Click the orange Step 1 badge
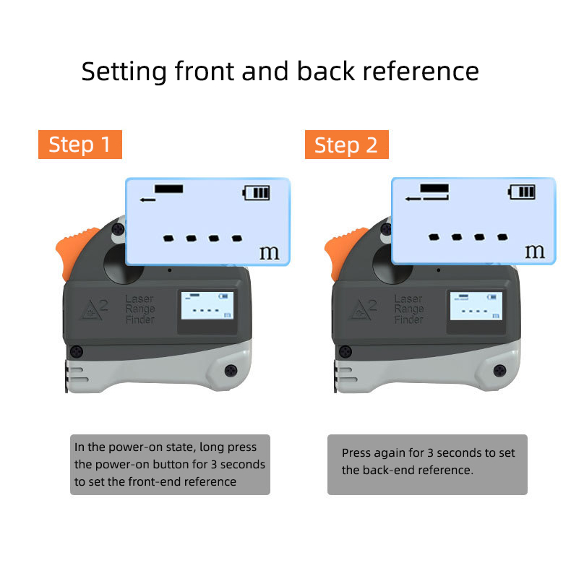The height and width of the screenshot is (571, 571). tap(80, 145)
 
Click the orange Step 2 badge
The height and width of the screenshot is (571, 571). tap(346, 145)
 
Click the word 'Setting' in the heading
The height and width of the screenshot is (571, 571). tap(124, 72)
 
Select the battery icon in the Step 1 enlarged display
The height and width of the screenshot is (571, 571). tap(257, 193)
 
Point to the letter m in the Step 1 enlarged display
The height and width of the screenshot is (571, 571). tap(269, 252)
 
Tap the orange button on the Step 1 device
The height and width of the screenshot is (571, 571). tap(66, 252)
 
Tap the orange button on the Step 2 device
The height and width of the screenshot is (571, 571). tap(333, 252)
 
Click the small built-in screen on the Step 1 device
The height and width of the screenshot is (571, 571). tap(207, 306)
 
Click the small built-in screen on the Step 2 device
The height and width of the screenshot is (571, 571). tap(474, 306)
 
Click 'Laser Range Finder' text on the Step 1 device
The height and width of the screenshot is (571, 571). tap(140, 309)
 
